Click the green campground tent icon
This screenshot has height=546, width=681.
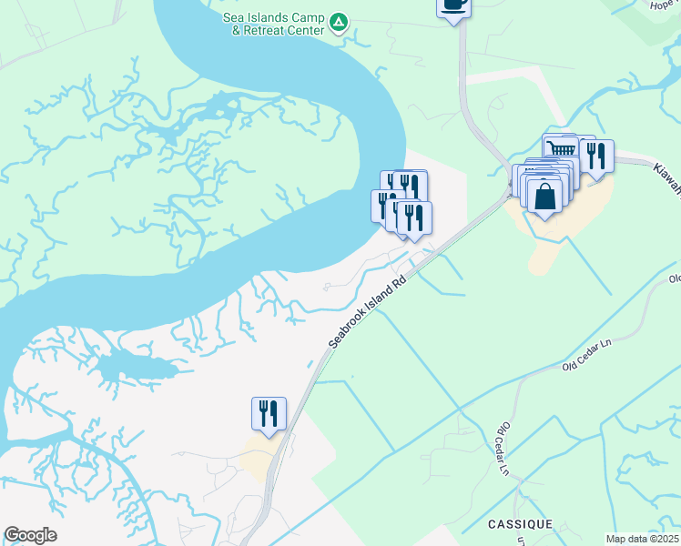(339, 21)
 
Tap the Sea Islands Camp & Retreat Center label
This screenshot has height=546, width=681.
(274, 24)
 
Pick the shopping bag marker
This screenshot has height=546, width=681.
(544, 197)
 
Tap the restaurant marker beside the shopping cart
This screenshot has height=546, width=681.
(596, 156)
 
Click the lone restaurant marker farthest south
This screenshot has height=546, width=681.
(269, 414)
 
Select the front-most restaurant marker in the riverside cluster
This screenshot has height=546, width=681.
(413, 218)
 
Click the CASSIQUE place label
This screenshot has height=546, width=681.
(519, 525)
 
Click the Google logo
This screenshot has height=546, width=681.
(30, 535)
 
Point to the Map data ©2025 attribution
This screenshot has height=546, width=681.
(641, 539)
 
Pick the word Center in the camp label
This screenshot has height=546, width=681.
(307, 30)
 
